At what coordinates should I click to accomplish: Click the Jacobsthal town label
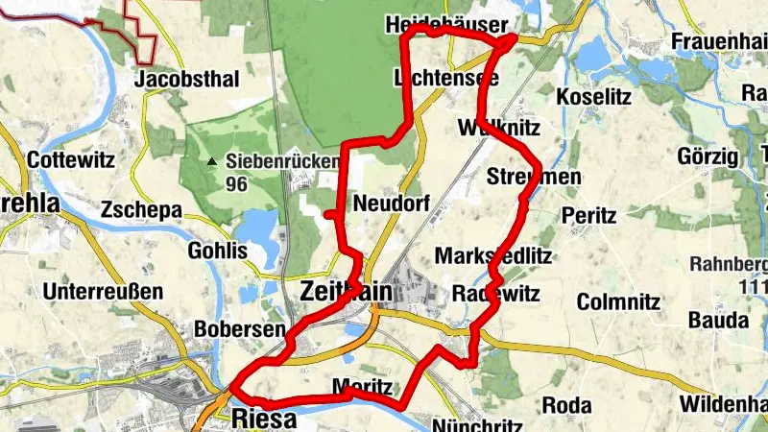(187, 79)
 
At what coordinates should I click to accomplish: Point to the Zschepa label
(140, 207)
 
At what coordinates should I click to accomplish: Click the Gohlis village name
(217, 251)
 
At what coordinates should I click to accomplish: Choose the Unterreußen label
(104, 291)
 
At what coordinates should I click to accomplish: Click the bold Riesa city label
(265, 419)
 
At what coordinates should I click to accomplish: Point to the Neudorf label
(391, 204)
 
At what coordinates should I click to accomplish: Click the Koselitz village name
(591, 98)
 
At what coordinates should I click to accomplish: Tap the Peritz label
(589, 215)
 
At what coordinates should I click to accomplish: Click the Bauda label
(717, 319)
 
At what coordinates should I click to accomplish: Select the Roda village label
(566, 405)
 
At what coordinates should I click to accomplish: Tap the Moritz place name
(362, 387)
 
